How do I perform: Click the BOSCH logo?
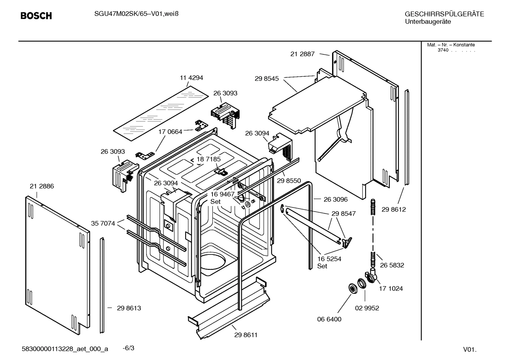36,16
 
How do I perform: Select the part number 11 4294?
191,78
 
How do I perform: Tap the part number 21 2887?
302,54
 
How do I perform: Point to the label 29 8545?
267,79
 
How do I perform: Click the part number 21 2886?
42,186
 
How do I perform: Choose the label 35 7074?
103,223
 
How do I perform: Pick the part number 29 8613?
129,308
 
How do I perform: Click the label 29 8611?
246,335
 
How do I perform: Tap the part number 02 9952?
367,308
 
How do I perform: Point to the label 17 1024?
391,288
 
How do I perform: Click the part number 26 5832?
392,265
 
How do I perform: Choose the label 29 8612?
394,209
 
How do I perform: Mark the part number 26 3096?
335,199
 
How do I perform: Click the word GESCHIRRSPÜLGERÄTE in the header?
444,14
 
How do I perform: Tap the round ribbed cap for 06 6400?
352,288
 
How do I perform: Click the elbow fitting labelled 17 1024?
371,276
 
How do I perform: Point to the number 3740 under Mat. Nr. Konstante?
443,50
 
